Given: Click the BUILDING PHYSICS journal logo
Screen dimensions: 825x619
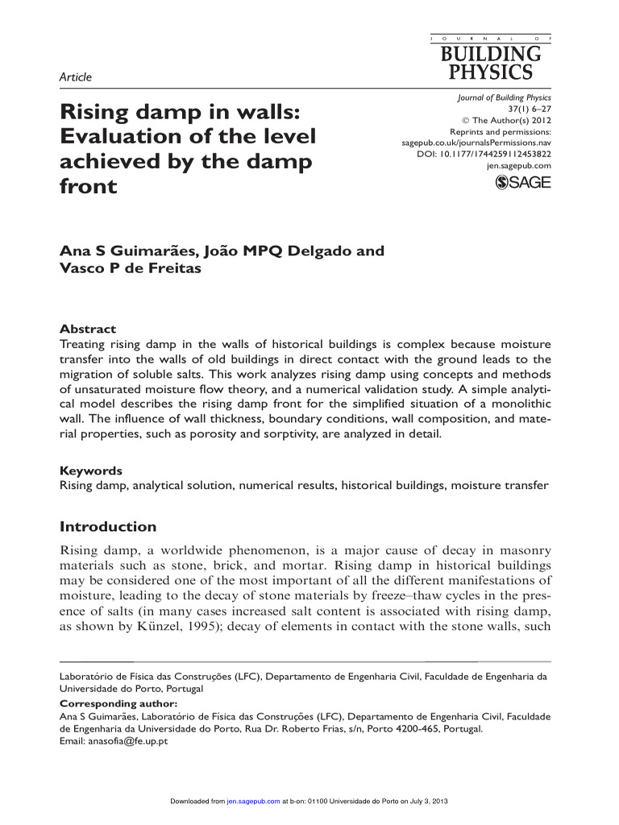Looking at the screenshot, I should (490, 59).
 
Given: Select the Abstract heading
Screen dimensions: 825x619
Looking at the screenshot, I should (88, 329).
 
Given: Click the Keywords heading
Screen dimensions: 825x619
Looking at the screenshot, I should (92, 471).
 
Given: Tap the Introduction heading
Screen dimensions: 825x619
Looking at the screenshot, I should (109, 527).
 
